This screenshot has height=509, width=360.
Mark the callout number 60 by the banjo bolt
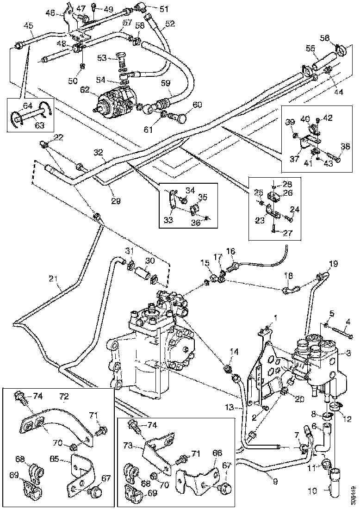(x=198, y=105)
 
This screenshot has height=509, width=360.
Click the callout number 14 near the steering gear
(x=235, y=352)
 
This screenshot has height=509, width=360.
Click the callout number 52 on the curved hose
(x=169, y=23)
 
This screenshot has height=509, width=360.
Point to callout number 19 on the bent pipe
(x=334, y=265)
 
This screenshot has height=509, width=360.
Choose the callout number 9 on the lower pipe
(x=275, y=481)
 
